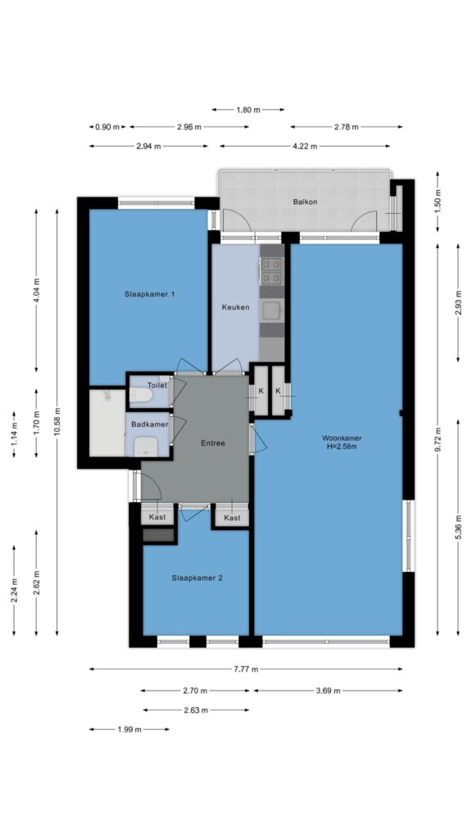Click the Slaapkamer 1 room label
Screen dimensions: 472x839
pos(149,294)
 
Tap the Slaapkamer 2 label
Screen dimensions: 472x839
pos(197,578)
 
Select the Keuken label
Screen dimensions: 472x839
pos(235,307)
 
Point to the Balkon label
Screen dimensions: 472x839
pos(305,202)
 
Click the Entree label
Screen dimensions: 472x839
pos(213,443)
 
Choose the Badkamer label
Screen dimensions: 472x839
pos(150,424)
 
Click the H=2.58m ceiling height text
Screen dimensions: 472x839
pos(342,447)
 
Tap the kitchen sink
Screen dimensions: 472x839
pos(271,311)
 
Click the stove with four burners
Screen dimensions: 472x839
pos(271,270)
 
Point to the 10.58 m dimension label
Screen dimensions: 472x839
pos(57,422)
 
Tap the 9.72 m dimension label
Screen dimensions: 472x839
pos(438,439)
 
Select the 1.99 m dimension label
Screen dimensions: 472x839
pos(129,729)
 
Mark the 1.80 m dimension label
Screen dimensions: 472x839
pos(248,110)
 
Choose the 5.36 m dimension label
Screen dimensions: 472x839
pos(458,527)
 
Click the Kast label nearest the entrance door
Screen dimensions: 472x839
pos(157,518)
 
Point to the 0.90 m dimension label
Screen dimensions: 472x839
pos(107,127)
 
